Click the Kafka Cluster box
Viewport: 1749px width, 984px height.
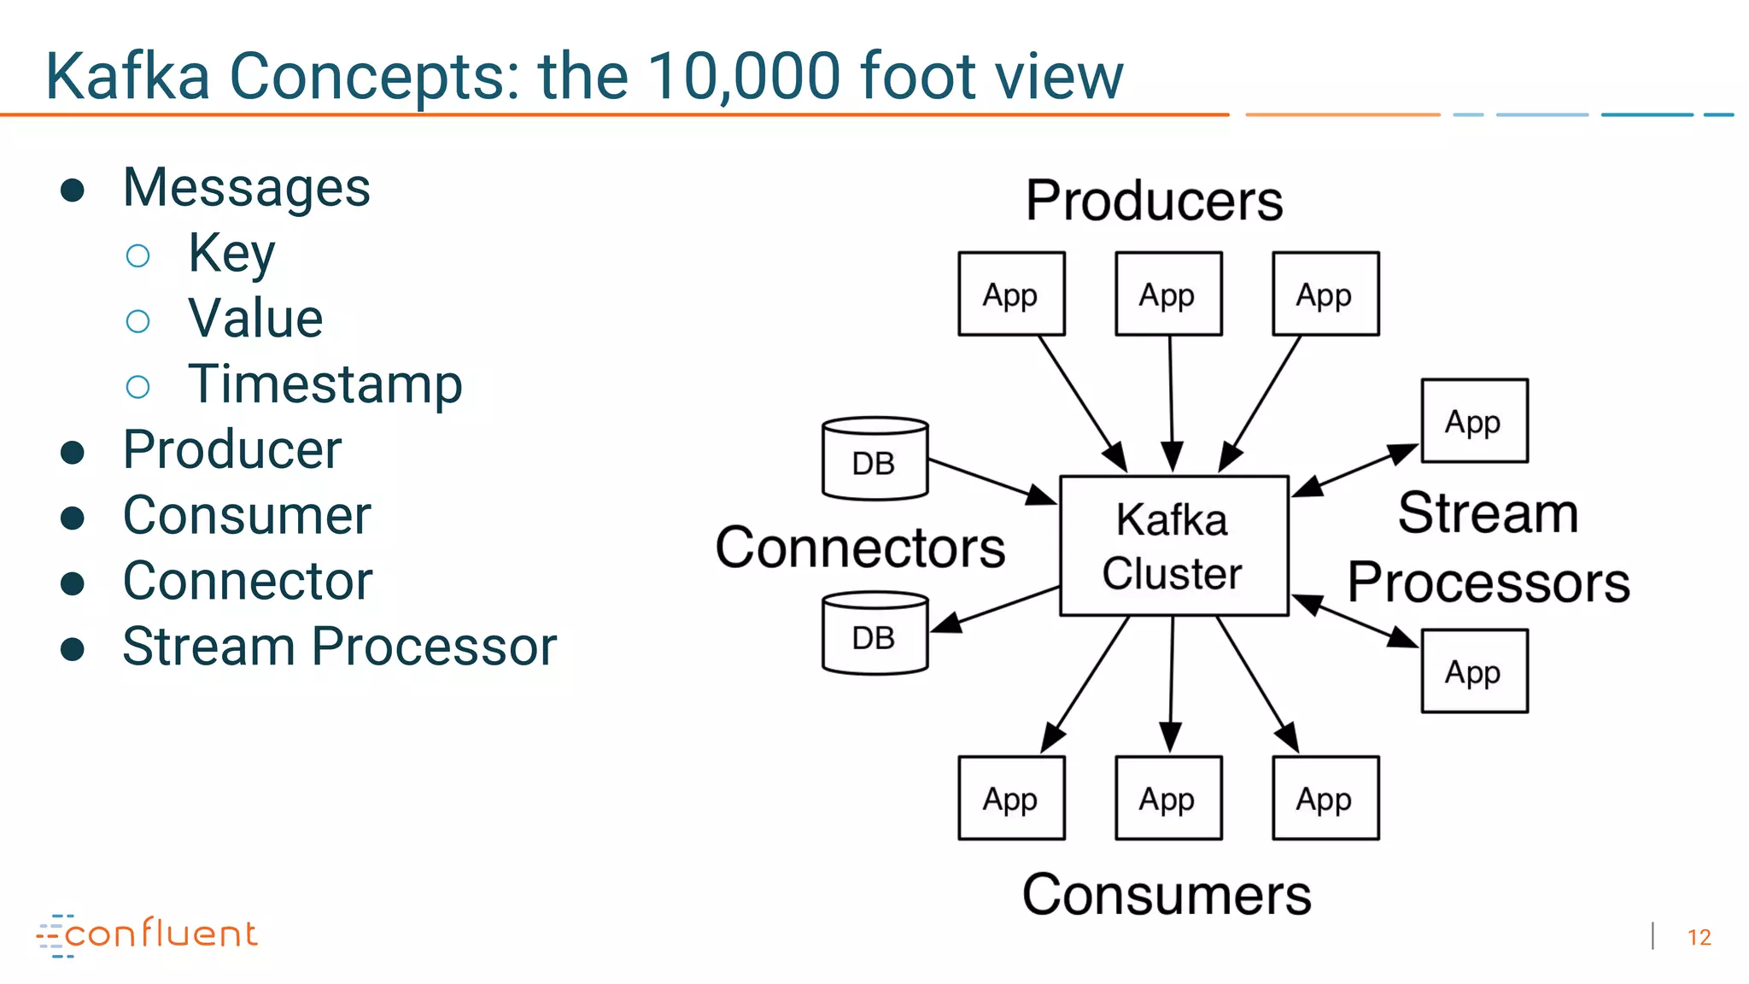[1173, 546]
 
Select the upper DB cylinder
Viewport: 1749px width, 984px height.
[874, 459]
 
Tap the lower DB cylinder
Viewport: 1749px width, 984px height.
[874, 634]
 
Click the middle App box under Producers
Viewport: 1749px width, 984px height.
[1168, 294]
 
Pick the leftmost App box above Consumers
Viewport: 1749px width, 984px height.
[1011, 798]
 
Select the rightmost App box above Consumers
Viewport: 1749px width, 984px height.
[1325, 798]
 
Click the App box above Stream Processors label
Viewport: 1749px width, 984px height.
[1474, 420]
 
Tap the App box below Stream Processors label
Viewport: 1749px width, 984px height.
[1474, 671]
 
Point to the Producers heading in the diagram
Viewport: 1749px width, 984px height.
[1154, 201]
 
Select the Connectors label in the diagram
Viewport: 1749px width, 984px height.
[860, 548]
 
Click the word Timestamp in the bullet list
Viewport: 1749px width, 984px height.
[325, 384]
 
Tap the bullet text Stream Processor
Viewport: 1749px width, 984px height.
[339, 646]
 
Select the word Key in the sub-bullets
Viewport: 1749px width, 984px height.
[231, 253]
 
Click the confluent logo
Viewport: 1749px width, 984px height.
[147, 934]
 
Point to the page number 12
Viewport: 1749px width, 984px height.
[1699, 937]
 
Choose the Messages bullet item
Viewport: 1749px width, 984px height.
[246, 187]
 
